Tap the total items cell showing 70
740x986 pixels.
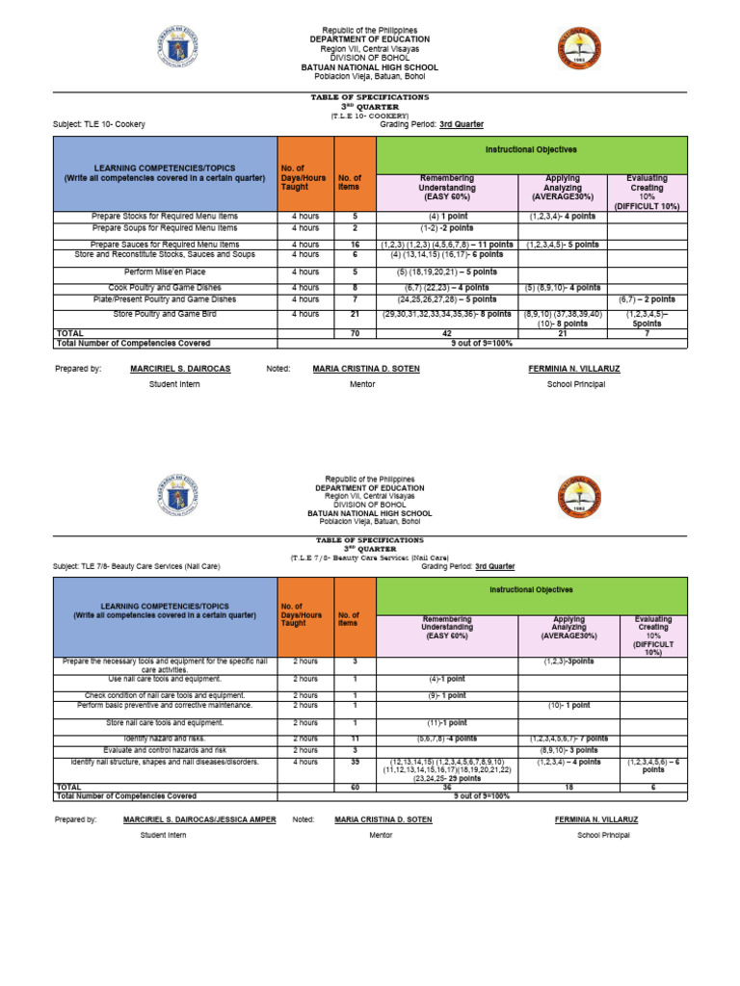355,333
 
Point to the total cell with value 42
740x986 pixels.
446,333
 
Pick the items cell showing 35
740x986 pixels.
355,762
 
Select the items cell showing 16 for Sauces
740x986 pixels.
355,245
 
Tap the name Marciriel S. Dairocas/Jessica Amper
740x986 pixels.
199,819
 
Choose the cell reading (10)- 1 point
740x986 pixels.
568,706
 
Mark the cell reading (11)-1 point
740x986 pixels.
447,722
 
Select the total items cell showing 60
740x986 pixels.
355,787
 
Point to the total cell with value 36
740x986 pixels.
447,787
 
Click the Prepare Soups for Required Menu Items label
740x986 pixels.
165,228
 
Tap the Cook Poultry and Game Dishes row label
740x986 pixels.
165,288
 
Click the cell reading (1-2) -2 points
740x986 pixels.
446,228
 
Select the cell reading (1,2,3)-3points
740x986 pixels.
568,662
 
